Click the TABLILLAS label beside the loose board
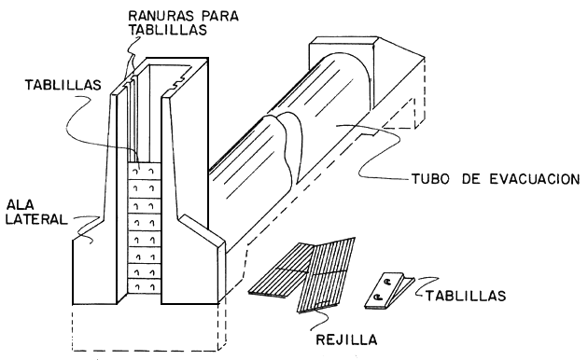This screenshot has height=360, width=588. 466,296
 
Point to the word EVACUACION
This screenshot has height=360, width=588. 535,179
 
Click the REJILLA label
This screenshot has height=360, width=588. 346,339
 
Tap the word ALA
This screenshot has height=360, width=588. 21,204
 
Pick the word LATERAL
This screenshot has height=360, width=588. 36,219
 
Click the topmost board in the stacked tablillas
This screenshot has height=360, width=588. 145,172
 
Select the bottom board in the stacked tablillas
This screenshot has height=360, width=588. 145,286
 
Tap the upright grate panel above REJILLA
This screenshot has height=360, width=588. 326,274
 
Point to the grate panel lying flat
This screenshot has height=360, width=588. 279,270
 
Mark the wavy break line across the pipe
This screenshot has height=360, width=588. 287,146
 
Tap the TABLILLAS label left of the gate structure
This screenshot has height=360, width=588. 63,85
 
